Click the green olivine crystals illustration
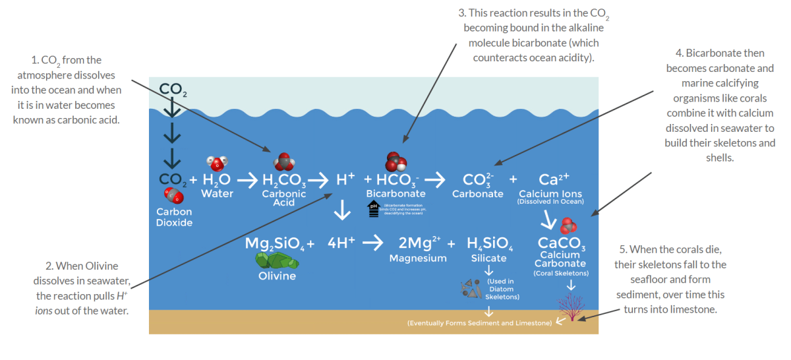[x=277, y=261]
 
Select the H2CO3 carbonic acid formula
[x=283, y=179]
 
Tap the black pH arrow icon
[x=373, y=209]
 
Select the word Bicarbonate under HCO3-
[x=395, y=194]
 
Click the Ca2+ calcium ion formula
[x=554, y=179]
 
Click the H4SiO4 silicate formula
[x=489, y=243]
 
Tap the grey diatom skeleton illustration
[x=471, y=287]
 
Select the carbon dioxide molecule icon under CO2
[x=173, y=195]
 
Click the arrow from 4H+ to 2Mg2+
[x=373, y=243]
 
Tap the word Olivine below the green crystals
[x=277, y=276]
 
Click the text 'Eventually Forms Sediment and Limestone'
[x=479, y=323]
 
